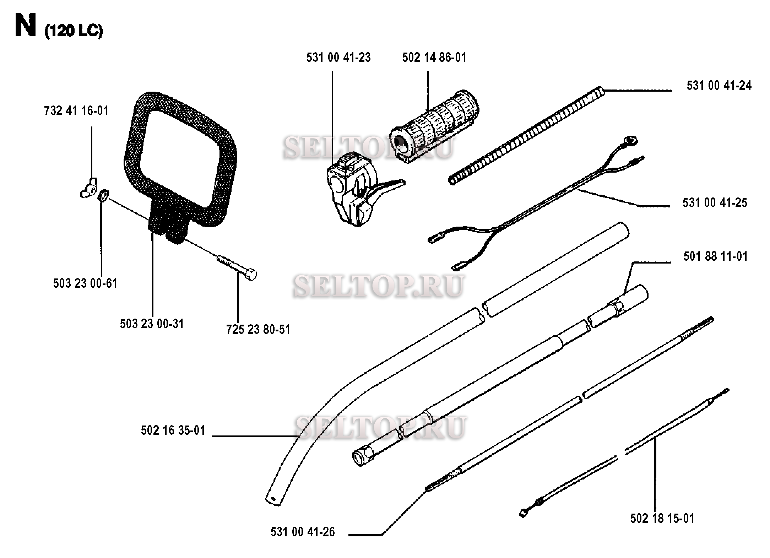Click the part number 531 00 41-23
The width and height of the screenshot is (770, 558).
[338, 58]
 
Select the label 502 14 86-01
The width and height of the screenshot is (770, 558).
[434, 58]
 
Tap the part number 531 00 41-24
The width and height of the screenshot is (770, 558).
[719, 86]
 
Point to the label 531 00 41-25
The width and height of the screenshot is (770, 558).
[715, 203]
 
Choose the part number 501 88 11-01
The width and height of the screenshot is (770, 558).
[716, 256]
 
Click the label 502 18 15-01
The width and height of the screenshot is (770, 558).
[662, 519]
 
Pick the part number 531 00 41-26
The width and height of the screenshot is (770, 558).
[303, 532]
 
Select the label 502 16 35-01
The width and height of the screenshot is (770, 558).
[173, 430]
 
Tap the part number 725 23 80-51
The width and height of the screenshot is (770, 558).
[258, 330]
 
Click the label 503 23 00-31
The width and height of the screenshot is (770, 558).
[152, 324]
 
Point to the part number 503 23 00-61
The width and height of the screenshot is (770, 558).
[85, 283]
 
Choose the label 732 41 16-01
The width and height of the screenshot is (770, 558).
[76, 111]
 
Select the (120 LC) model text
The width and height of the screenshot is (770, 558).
[74, 32]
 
